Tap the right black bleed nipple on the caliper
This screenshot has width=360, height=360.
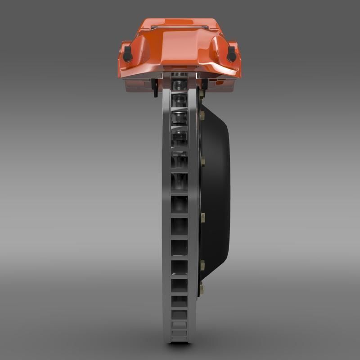point(231,54)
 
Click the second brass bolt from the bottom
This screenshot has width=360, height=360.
point(202,265)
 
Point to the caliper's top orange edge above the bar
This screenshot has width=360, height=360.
point(180,22)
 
